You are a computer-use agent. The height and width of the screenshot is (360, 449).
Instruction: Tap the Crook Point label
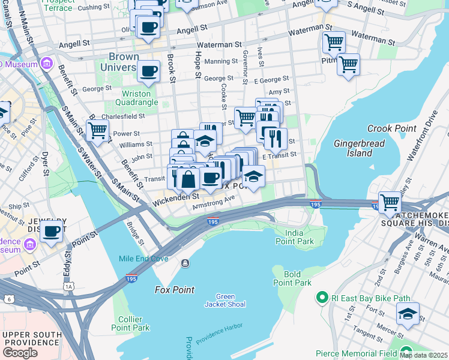(388, 128)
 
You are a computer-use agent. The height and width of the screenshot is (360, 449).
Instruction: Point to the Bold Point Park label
(292, 278)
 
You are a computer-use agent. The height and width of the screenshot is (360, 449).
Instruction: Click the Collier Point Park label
(130, 323)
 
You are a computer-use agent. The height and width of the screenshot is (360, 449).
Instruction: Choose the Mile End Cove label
(143, 259)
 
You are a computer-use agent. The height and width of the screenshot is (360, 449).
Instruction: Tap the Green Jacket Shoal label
(225, 300)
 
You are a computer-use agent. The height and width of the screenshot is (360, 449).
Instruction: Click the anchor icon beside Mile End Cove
(185, 263)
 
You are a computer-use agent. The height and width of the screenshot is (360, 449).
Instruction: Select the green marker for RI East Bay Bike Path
(322, 297)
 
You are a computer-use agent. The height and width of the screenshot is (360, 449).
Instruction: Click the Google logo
(20, 353)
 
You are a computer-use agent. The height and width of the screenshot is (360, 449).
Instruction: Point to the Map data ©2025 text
(423, 355)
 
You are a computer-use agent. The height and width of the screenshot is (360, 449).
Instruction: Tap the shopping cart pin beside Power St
(97, 130)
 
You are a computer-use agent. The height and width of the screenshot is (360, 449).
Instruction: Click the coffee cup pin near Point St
(52, 230)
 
